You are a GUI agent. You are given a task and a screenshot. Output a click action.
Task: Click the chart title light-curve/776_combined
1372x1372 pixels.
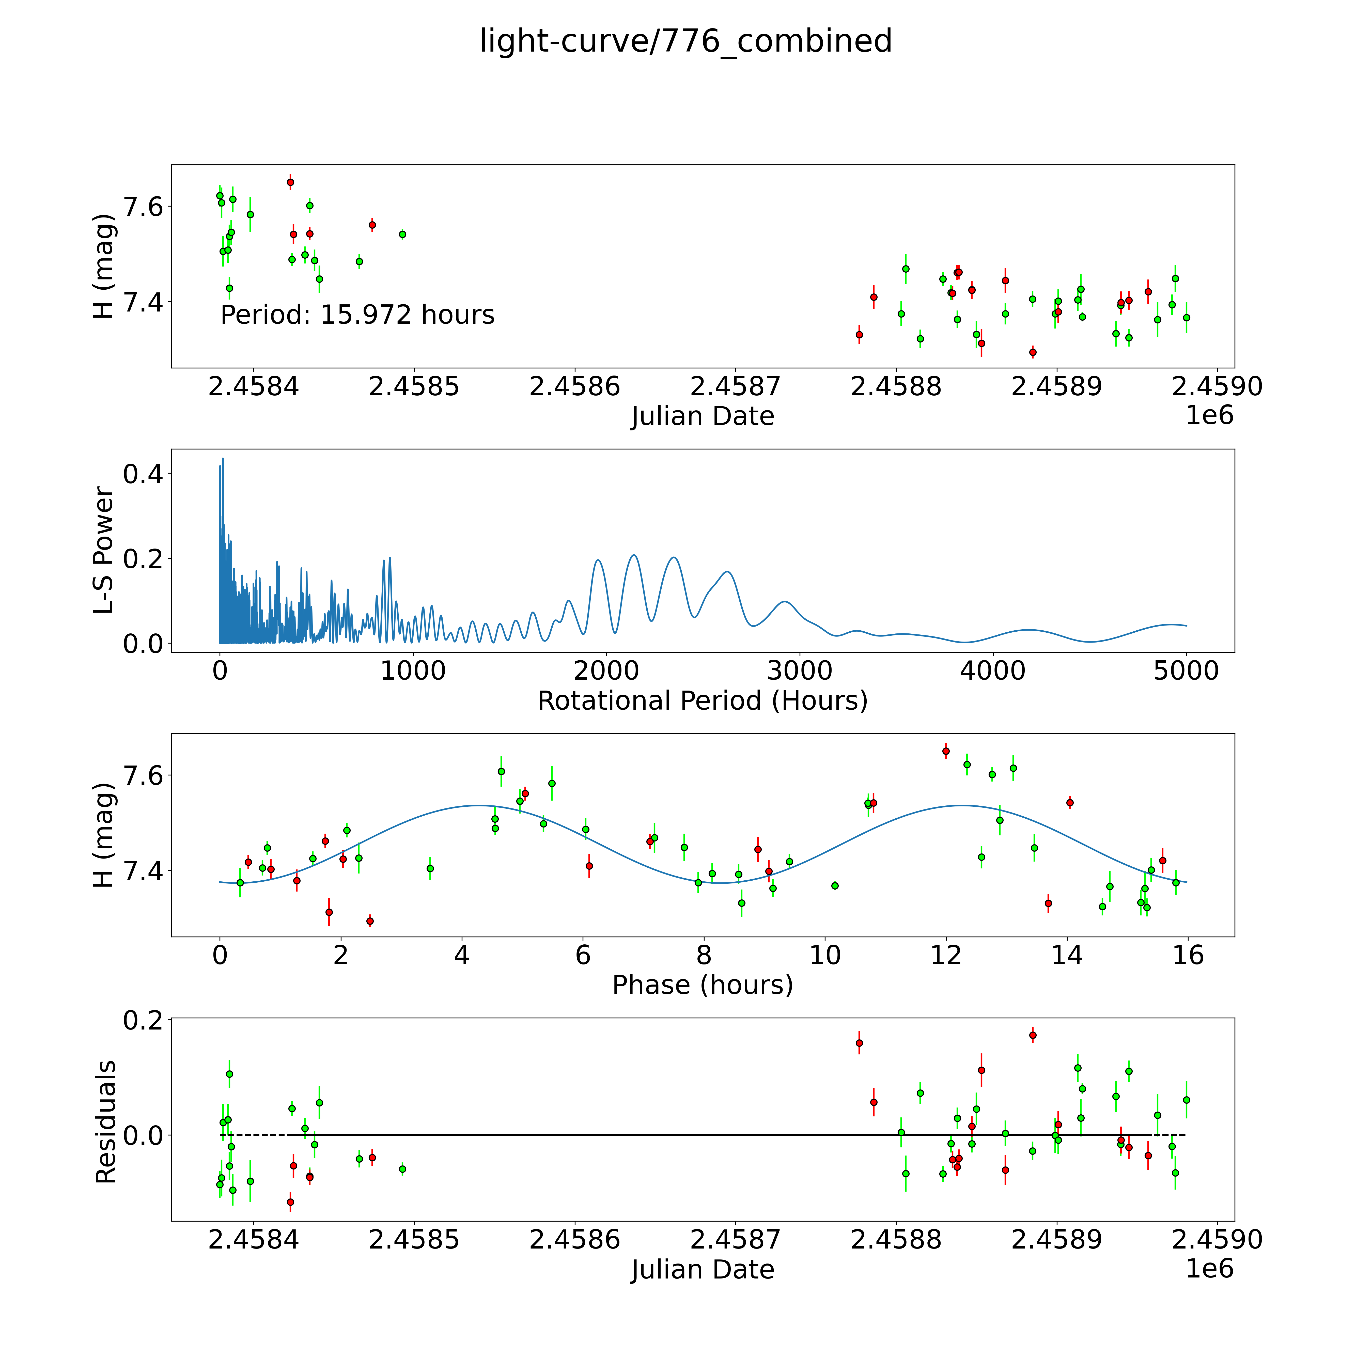click(685, 41)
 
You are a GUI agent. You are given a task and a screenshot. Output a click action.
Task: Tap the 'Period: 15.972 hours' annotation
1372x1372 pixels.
click(357, 315)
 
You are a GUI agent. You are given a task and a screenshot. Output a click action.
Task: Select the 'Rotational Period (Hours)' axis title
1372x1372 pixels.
click(702, 701)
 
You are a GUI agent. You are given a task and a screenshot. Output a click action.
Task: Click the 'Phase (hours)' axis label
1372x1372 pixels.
click(702, 985)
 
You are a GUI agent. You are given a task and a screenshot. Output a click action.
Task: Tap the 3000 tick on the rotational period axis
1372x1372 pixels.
click(800, 671)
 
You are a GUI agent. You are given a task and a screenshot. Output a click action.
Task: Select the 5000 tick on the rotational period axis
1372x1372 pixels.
click(1186, 671)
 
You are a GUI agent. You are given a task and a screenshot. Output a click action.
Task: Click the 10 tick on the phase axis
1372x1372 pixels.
click(824, 955)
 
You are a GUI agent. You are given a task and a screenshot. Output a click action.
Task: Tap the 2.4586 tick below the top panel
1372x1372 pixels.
click(574, 387)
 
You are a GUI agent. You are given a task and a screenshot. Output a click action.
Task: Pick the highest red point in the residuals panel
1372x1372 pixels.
click(1033, 1035)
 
